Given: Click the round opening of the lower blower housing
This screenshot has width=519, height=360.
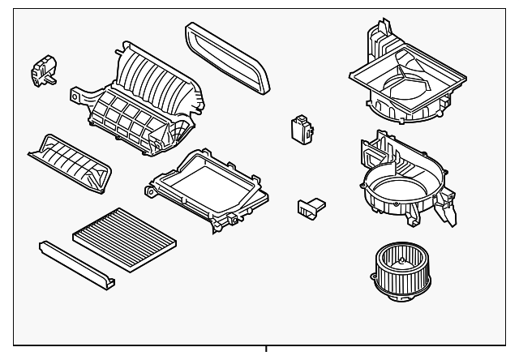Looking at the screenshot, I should pos(397,185).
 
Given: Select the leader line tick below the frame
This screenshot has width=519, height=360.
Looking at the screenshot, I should pos(265,350).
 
